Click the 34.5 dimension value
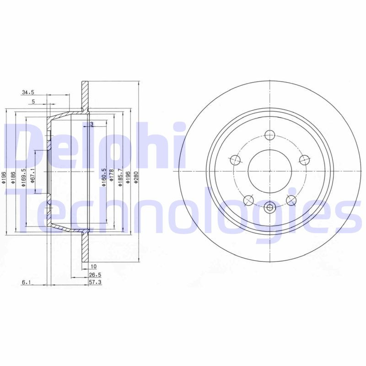pos(28,93)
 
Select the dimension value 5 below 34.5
pos(33,102)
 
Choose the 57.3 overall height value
pos(94,283)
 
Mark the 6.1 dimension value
pos(26,283)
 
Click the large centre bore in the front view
pos(269,171)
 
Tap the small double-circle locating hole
pos(269,208)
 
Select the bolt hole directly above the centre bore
pos(269,135)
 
